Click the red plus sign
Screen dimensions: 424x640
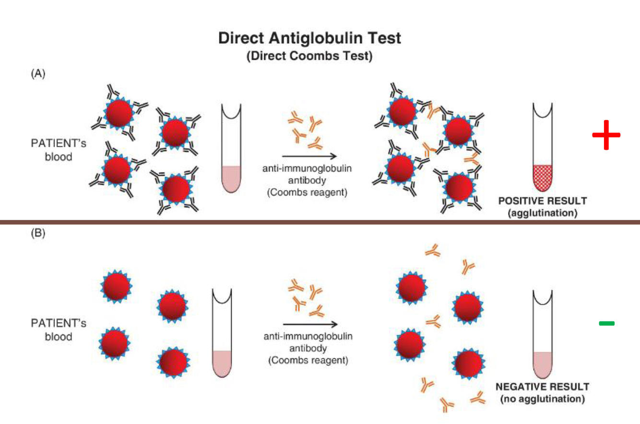pyautogui.click(x=606, y=134)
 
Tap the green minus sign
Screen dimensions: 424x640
pyautogui.click(x=606, y=324)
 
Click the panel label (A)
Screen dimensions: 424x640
pyautogui.click(x=38, y=74)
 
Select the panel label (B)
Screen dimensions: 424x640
pyautogui.click(x=38, y=234)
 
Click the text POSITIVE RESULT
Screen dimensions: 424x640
pyautogui.click(x=543, y=201)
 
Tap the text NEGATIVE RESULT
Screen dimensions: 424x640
pyautogui.click(x=543, y=387)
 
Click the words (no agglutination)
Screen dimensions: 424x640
pyautogui.click(x=543, y=399)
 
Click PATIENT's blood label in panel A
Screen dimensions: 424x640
pyautogui.click(x=57, y=149)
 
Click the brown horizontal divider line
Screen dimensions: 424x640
pyautogui.click(x=320, y=222)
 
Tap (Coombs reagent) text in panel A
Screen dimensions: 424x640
pyautogui.click(x=308, y=193)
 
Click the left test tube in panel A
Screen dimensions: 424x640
pyautogui.click(x=231, y=149)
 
